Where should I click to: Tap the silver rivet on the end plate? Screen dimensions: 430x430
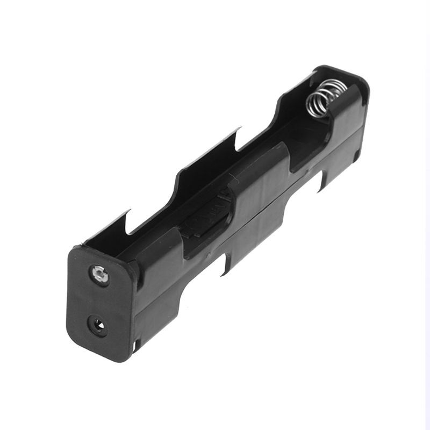[99, 275]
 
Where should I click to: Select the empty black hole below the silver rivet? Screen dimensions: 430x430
[97, 325]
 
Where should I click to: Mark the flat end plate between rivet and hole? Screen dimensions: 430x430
[98, 300]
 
